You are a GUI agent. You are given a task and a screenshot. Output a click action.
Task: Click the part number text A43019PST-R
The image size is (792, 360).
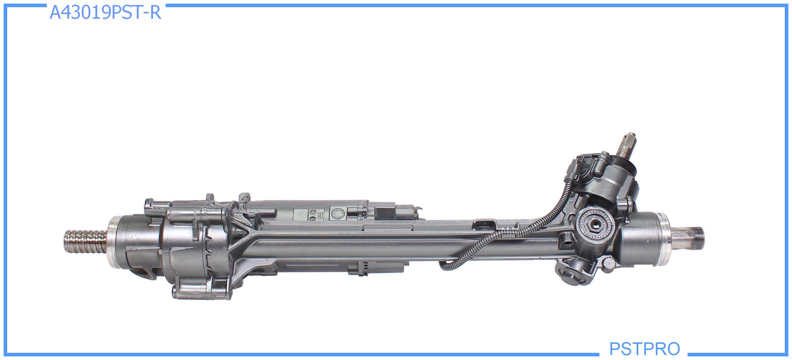pos(105,13)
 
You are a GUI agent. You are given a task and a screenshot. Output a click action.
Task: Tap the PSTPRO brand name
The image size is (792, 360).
pos(644,348)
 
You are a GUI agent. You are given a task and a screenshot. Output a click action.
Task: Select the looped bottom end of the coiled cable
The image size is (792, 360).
pos(444,266)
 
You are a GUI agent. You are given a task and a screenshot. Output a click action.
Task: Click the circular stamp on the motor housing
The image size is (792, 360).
pos(337,214)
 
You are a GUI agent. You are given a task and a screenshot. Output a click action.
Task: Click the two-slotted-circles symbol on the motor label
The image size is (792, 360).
pos(312,215)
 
